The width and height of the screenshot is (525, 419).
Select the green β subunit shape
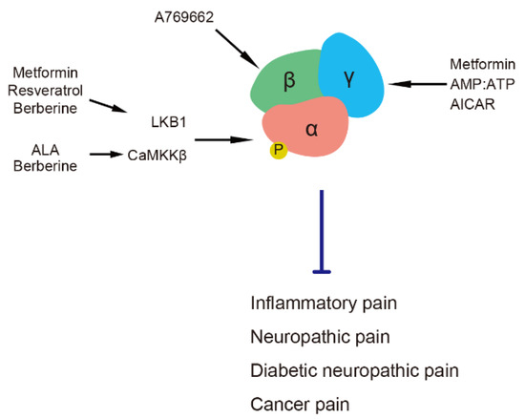point(289,81)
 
